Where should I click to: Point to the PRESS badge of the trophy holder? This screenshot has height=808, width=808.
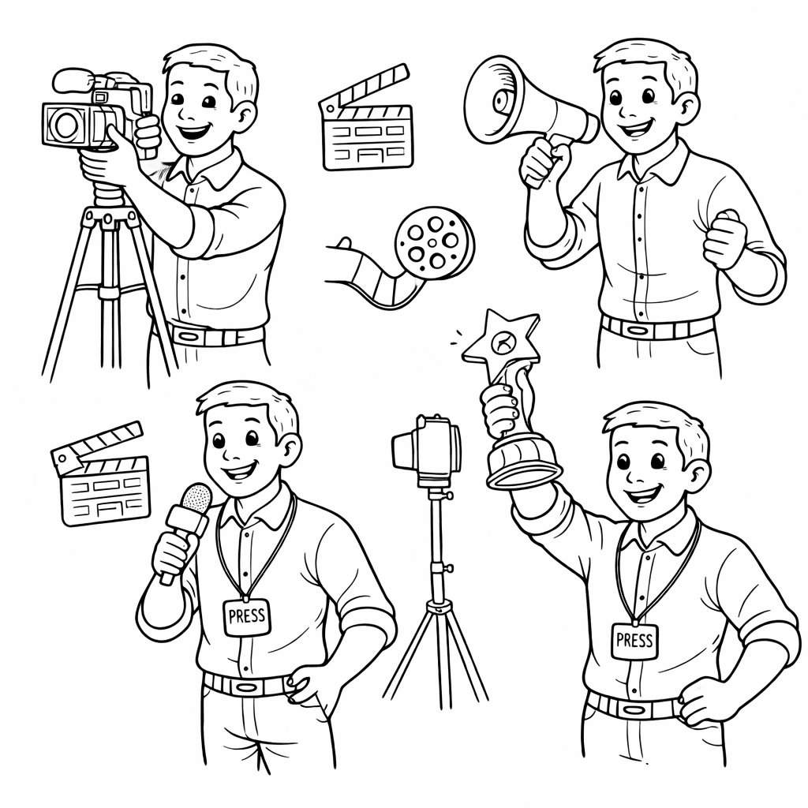pos(635,641)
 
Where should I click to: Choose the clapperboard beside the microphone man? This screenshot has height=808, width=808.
pos(100,474)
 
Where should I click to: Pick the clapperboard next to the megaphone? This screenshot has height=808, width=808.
pos(366,118)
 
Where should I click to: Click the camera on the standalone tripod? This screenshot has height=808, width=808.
pos(427,450)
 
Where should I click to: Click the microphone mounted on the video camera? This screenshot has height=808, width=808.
pos(72,81)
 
